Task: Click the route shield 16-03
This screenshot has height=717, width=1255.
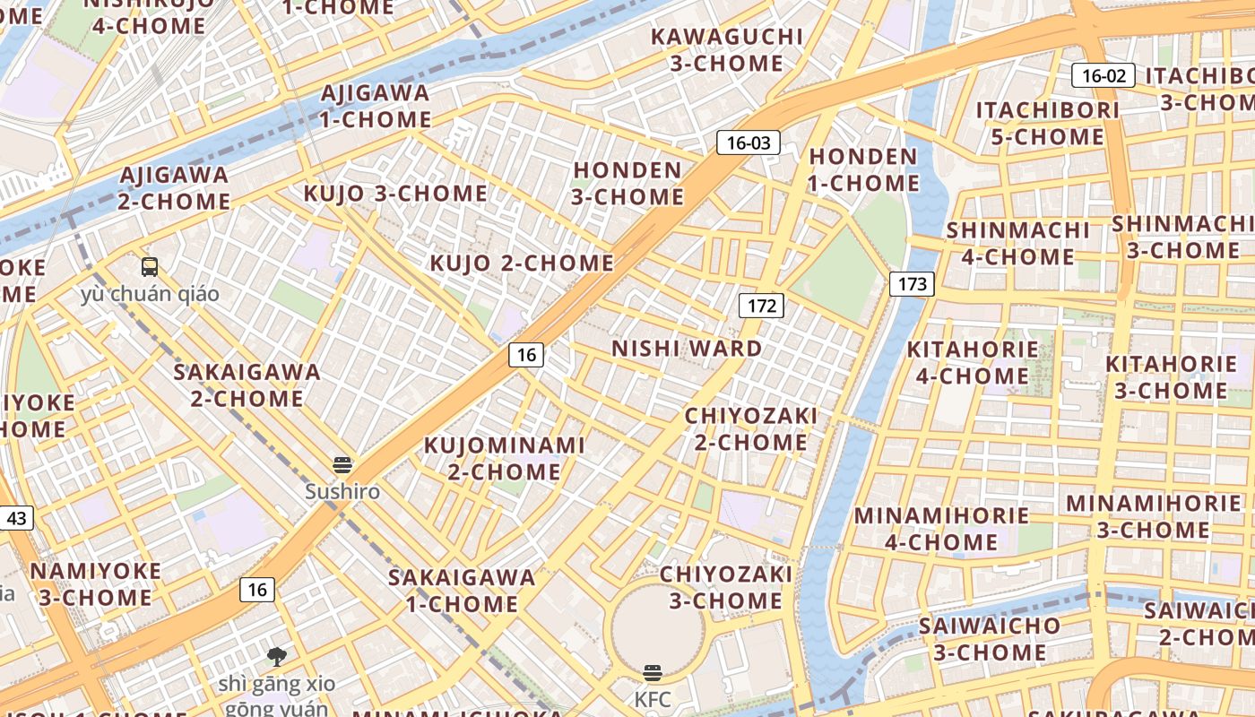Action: click(748, 143)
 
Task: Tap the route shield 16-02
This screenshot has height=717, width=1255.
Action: click(1104, 75)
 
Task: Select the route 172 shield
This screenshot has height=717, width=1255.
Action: click(761, 306)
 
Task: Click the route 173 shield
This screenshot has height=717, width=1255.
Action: click(912, 284)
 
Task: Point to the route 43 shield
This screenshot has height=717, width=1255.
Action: click(16, 518)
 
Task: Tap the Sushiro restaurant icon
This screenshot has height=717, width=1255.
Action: click(342, 465)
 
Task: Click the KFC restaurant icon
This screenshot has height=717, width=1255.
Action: click(653, 673)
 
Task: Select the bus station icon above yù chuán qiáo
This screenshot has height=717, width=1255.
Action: click(150, 266)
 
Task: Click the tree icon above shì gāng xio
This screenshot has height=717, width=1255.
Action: click(277, 657)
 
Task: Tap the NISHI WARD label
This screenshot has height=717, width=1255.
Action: click(687, 349)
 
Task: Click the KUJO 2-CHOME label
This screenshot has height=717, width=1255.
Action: click(522, 263)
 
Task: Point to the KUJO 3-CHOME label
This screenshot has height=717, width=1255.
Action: click(395, 194)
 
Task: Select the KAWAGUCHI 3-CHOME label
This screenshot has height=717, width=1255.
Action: click(727, 50)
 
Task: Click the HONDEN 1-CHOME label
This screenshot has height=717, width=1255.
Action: click(864, 170)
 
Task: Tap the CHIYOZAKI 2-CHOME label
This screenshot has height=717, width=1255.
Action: click(750, 429)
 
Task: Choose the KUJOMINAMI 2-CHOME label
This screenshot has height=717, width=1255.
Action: click(504, 458)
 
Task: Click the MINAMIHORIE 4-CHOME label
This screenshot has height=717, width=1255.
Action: click(941, 529)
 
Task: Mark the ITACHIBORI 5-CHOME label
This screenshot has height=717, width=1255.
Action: click(1047, 124)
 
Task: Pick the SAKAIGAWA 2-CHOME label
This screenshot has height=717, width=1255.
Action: click(247, 384)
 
